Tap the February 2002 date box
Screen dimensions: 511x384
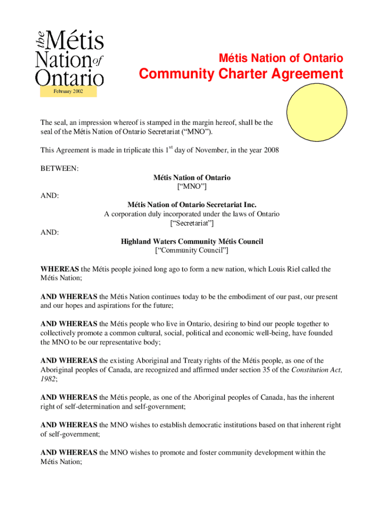68,92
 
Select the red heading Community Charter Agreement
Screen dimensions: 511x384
241,74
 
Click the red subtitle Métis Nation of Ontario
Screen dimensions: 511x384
281,58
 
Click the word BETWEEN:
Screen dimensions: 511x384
59,169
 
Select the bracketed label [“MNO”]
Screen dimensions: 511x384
192,187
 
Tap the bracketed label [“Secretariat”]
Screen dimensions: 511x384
192,223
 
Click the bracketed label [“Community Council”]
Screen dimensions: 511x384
192,251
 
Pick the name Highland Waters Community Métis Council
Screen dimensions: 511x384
192,242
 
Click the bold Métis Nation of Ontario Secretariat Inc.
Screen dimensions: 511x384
192,205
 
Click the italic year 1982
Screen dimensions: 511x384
48,379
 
